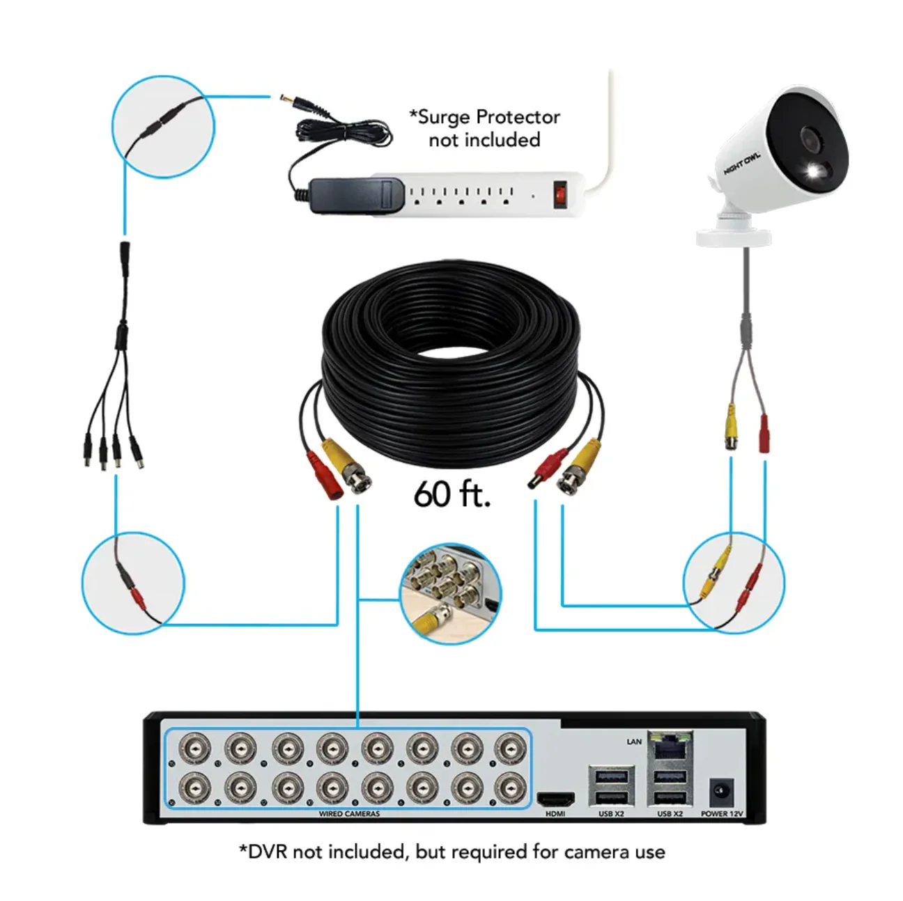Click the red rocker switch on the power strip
click(x=559, y=195)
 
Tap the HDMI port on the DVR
click(x=555, y=799)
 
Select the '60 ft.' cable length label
click(x=452, y=494)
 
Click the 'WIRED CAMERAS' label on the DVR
click(x=349, y=813)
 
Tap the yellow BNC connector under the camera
click(x=731, y=428)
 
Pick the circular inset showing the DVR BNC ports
click(x=451, y=593)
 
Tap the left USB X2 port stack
click(x=610, y=787)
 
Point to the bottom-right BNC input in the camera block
click(x=510, y=789)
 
